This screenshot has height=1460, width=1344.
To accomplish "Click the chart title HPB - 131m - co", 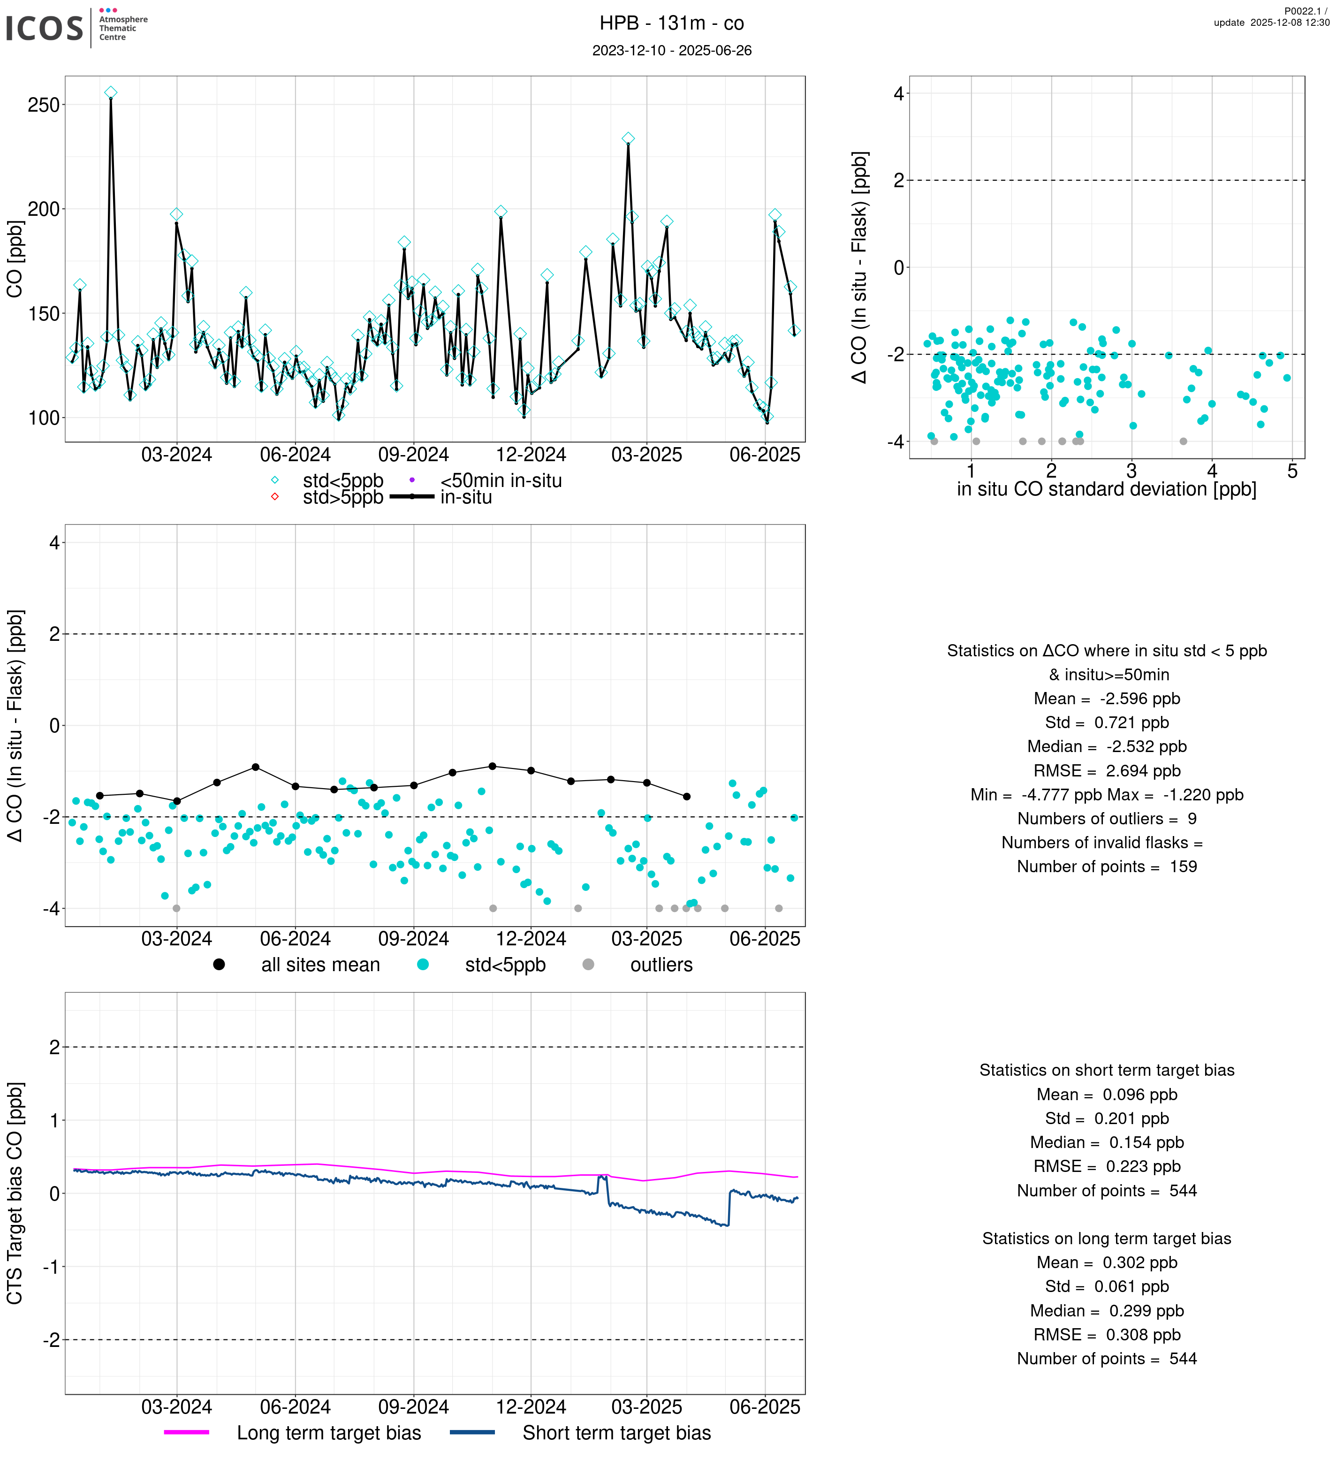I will pos(671,23).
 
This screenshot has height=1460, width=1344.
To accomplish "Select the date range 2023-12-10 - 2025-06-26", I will pos(671,50).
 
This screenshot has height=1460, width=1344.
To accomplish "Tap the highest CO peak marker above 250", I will pos(111,92).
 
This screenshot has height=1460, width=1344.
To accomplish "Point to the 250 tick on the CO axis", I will pos(44,105).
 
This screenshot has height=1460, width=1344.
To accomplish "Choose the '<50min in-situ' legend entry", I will pos(501,481).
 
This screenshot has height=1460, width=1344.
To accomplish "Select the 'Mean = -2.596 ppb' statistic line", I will pos(1106,699).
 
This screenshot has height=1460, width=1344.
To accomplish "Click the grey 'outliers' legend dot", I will pos(588,965).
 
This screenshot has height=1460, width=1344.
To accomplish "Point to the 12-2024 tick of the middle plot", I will pos(531,939).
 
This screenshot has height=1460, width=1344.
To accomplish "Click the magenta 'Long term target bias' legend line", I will pos(187,1432).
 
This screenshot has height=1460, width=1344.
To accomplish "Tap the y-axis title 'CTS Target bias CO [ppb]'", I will pos(15,1193).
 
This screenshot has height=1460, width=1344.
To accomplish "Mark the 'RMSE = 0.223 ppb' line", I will pos(1106,1167).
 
